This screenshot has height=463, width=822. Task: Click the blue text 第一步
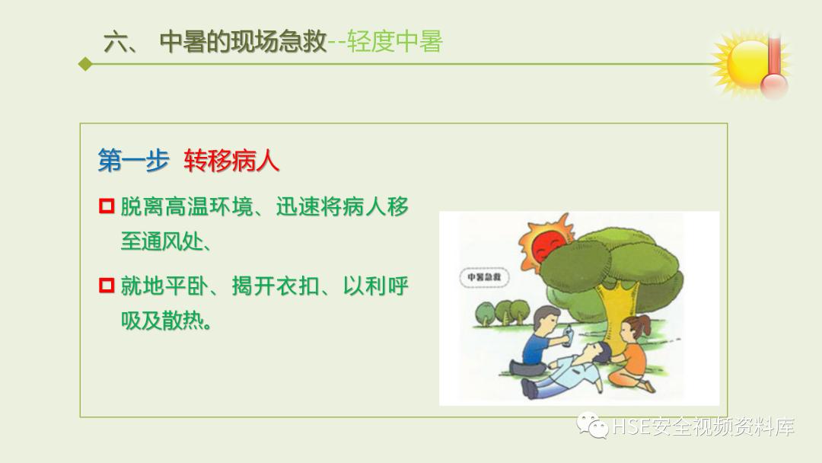(x=132, y=161)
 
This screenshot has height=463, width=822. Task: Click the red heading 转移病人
(x=231, y=161)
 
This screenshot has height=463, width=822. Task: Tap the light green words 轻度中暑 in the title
(x=394, y=40)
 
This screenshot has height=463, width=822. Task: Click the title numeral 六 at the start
(x=119, y=42)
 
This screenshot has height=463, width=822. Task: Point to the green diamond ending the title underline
(x=84, y=65)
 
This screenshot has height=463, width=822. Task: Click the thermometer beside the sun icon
(x=775, y=69)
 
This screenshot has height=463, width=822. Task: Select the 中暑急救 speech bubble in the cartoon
(x=484, y=278)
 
